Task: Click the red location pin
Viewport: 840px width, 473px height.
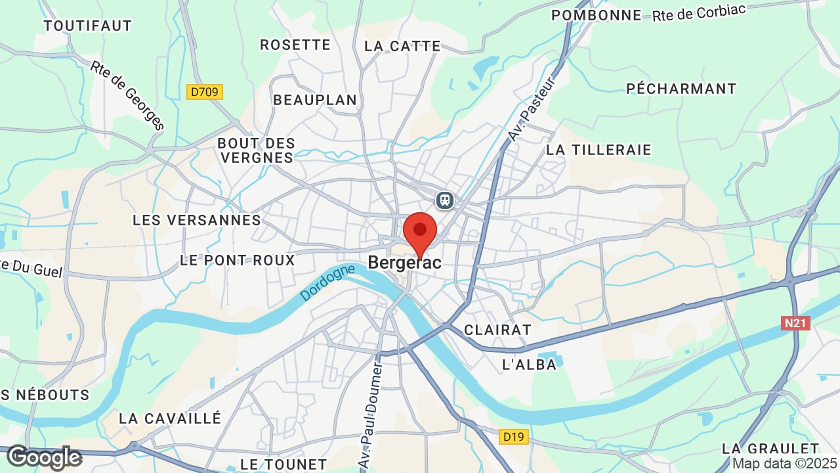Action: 420,232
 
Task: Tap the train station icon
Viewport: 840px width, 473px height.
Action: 445,199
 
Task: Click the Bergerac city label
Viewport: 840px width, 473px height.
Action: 404,263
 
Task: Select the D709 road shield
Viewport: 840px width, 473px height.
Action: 205,92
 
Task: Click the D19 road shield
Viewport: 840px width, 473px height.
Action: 514,437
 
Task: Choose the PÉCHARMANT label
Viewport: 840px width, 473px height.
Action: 681,89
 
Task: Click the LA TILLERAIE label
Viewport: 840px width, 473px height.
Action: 598,150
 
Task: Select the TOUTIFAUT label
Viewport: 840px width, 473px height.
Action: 88,26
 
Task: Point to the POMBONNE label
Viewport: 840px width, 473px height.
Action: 597,15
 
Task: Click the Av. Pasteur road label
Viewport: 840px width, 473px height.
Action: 532,109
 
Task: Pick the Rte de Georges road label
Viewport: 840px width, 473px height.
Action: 127,96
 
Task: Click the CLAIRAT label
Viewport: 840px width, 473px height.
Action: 497,330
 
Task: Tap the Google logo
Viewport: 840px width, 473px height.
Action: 44,457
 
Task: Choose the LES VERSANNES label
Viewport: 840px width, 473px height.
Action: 197,220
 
